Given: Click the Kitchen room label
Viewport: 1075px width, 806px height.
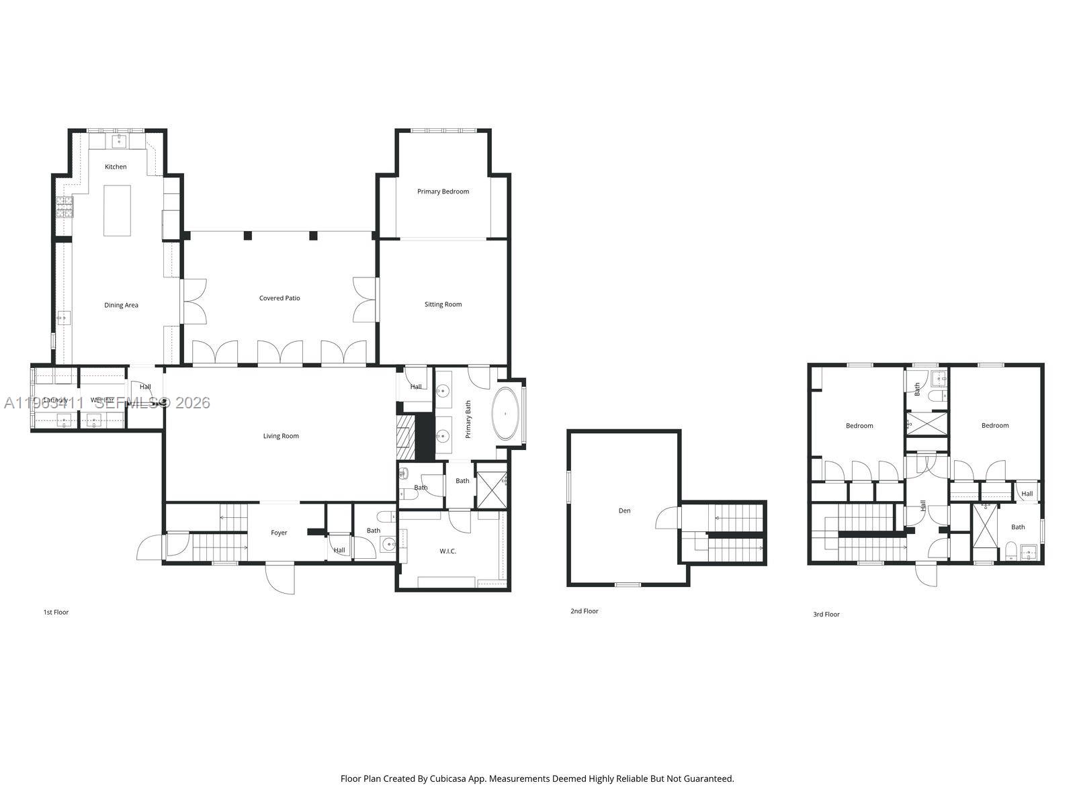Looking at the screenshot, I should pyautogui.click(x=116, y=167).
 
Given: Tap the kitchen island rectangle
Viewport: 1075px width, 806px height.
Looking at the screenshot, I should pyautogui.click(x=117, y=211).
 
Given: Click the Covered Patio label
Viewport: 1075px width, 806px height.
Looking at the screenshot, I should pyautogui.click(x=279, y=298).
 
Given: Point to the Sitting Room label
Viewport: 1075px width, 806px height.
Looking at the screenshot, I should pyautogui.click(x=443, y=304).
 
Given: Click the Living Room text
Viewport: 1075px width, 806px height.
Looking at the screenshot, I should pyautogui.click(x=281, y=436).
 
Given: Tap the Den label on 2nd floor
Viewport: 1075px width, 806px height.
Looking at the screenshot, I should pyautogui.click(x=624, y=510).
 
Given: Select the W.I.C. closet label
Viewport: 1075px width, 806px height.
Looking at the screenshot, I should pyautogui.click(x=447, y=551).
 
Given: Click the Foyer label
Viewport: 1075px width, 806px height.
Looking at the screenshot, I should pyautogui.click(x=279, y=533).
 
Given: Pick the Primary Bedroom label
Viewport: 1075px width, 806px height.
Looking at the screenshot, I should pyautogui.click(x=443, y=191).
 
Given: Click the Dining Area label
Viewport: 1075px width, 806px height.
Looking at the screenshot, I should pyautogui.click(x=121, y=305).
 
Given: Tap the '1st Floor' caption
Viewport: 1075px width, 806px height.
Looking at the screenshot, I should pyautogui.click(x=56, y=612).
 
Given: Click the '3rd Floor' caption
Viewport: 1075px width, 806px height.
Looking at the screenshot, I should pyautogui.click(x=826, y=614).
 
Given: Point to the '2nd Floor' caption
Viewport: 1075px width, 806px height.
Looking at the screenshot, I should pyautogui.click(x=584, y=611).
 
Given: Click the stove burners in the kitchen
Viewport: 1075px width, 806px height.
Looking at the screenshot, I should pyautogui.click(x=64, y=208).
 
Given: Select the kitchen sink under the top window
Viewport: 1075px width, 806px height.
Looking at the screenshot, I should pyautogui.click(x=119, y=140).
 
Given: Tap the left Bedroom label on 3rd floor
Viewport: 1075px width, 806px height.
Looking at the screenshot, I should pyautogui.click(x=859, y=425).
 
